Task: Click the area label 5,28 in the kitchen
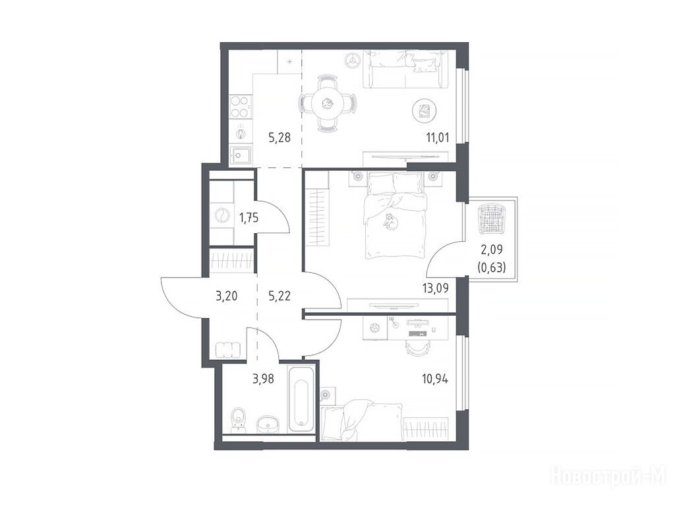[279, 138]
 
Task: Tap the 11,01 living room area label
[438, 138]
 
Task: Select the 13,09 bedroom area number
[436, 288]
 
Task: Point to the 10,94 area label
[435, 379]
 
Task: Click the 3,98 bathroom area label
[263, 379]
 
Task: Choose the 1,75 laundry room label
[249, 218]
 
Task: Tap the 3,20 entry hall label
[227, 296]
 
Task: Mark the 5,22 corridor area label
[279, 296]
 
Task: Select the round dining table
[328, 103]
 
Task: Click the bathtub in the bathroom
[302, 399]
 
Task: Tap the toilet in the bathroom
[237, 420]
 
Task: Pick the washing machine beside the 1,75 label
[222, 215]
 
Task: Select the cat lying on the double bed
[390, 221]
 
